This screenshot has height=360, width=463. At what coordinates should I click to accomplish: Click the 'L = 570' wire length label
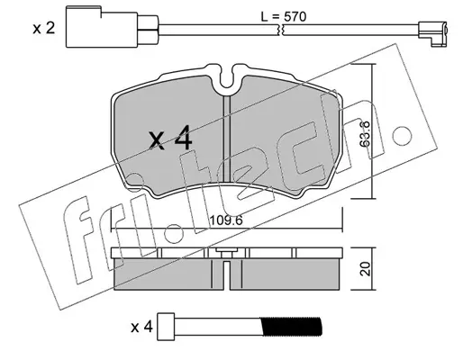[x=284, y=16]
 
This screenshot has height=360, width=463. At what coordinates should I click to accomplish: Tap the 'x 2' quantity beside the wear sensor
[x=44, y=29]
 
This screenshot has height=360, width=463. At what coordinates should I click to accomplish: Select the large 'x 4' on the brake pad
[x=170, y=138]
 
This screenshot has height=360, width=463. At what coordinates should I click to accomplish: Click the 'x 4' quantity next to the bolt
[x=141, y=327]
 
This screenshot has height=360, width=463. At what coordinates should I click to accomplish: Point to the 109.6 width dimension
[x=226, y=220]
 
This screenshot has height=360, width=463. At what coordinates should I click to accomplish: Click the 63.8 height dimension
[x=365, y=134]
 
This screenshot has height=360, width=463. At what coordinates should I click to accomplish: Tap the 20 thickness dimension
[x=366, y=269]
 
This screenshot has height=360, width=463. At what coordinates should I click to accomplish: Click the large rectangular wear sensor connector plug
[x=102, y=27]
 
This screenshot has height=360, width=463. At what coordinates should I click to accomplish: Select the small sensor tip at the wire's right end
[x=433, y=32]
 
